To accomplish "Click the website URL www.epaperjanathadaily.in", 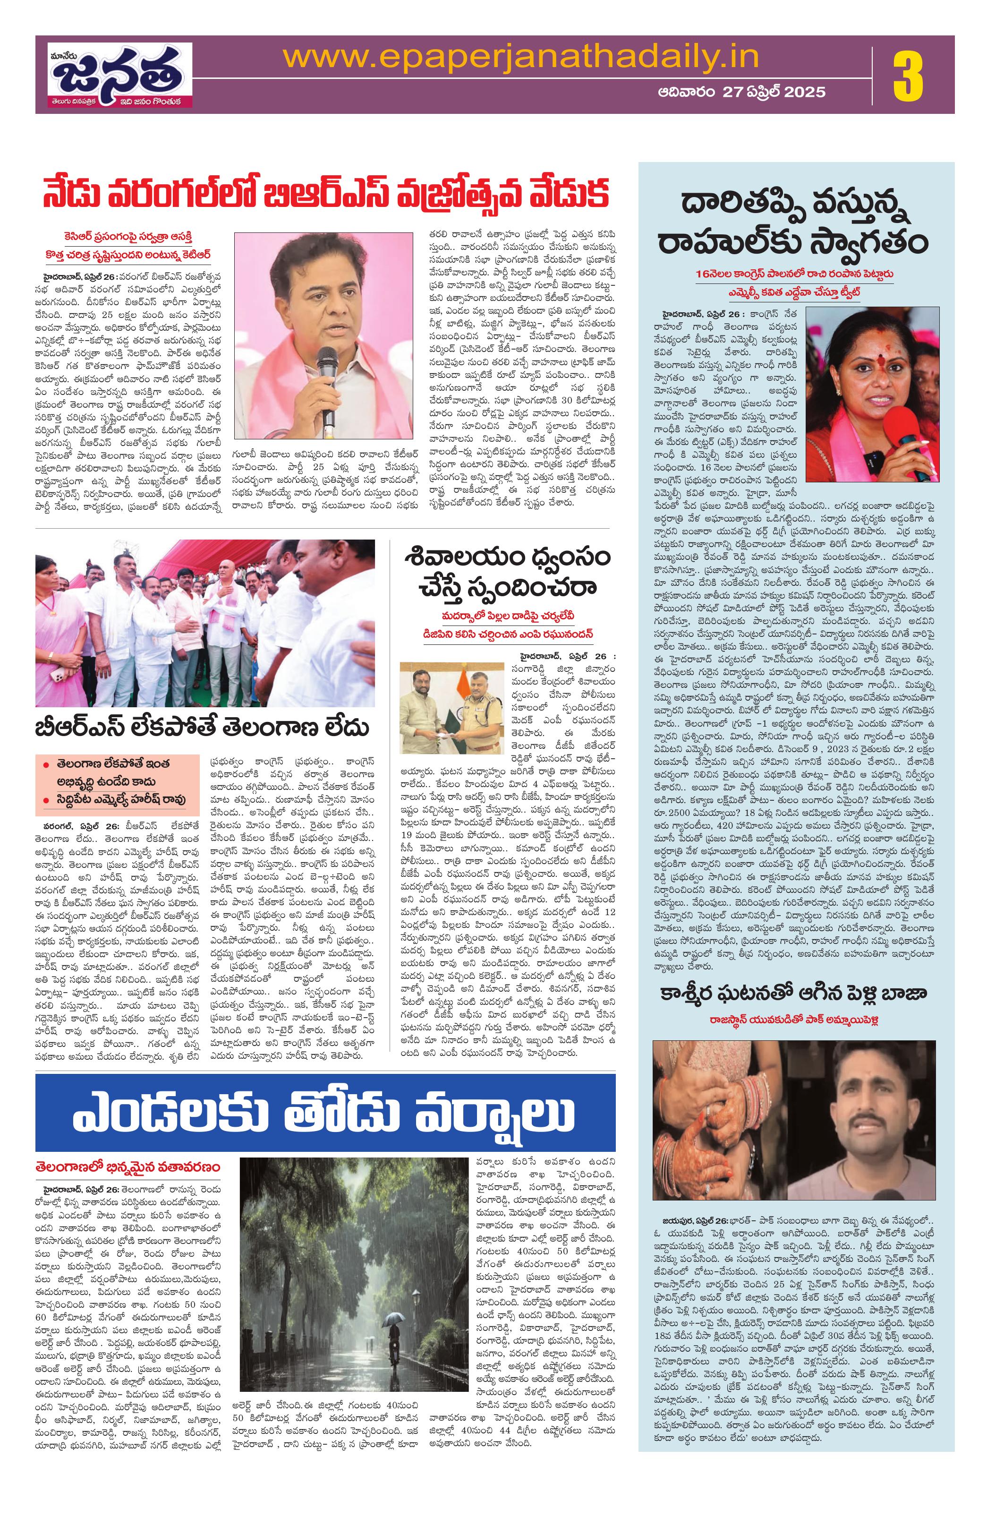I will [520, 57].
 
